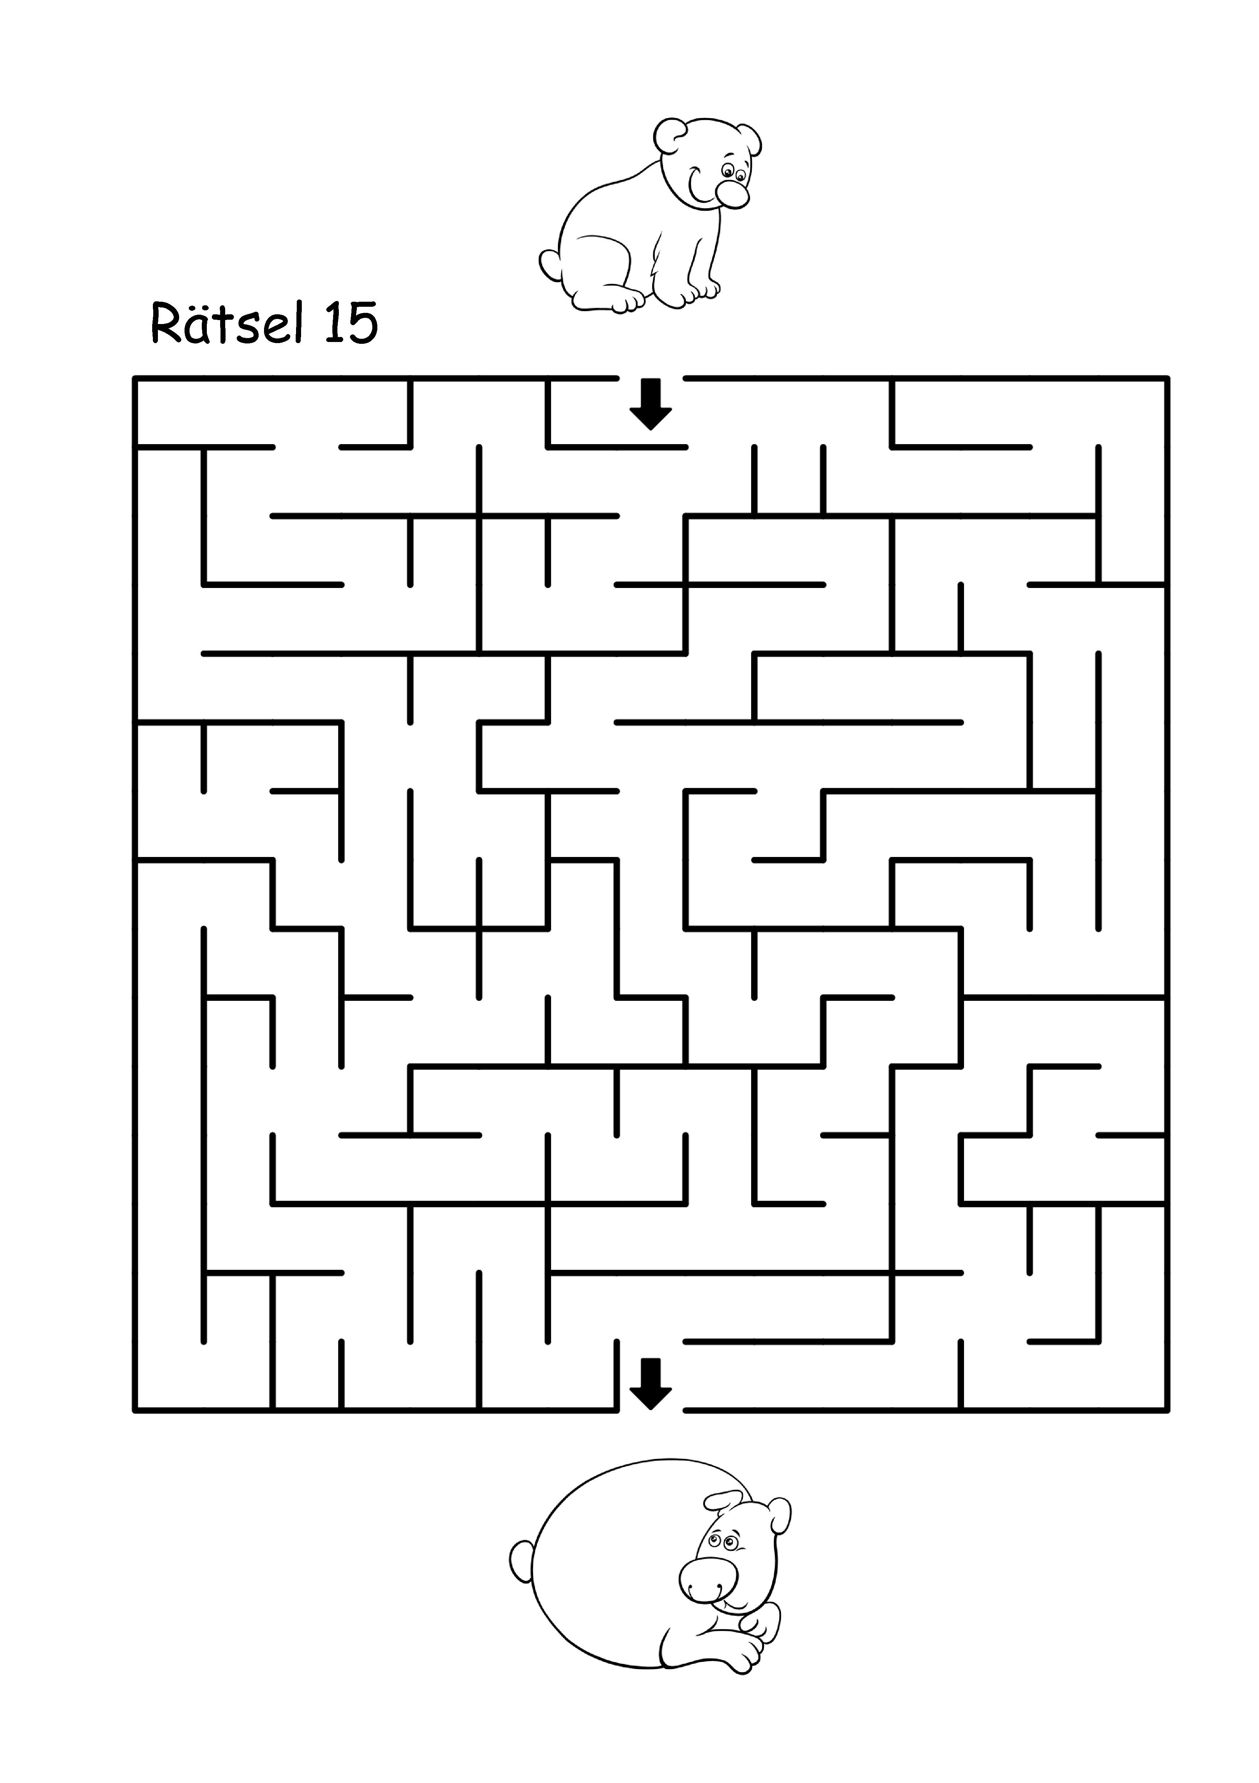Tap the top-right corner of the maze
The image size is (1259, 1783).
pyautogui.click(x=1167, y=378)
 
